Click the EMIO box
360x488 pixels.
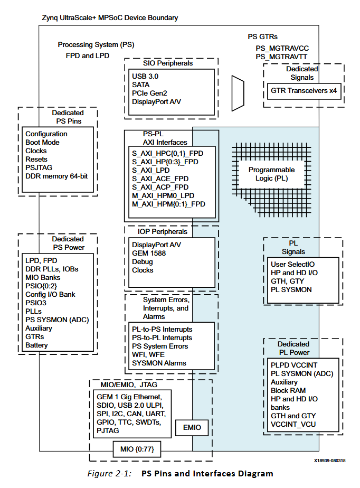(192, 428)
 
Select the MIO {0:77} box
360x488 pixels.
(137, 449)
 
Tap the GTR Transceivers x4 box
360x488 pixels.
(304, 91)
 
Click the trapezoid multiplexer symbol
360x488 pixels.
(238, 93)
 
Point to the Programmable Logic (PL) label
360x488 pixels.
(272, 174)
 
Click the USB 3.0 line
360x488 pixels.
(145, 76)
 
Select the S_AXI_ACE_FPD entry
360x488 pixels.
(160, 179)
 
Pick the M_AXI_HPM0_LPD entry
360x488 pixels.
(163, 195)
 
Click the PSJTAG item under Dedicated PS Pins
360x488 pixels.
(39, 167)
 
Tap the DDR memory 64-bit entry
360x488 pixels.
(56, 176)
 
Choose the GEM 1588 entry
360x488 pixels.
(149, 253)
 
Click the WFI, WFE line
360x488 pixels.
(148, 354)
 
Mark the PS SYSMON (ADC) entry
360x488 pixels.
(57, 320)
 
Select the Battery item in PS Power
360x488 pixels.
(36, 345)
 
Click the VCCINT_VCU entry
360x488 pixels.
(293, 424)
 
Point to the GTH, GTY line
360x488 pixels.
(287, 281)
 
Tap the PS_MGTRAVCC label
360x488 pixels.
(282, 49)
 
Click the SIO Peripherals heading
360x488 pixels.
(168, 63)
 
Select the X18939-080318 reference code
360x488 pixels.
(329, 461)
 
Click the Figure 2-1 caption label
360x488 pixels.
(109, 473)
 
